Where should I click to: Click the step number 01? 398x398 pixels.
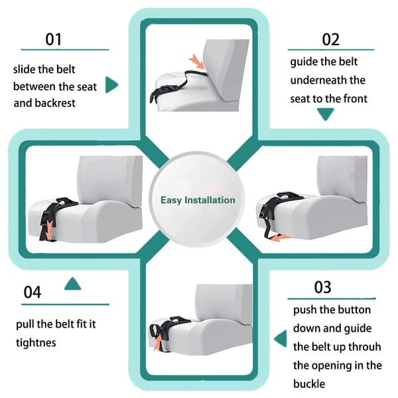click(54, 39)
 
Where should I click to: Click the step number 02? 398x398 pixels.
click(330, 39)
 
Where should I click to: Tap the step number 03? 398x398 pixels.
click(322, 287)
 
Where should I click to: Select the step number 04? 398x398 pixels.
click(33, 292)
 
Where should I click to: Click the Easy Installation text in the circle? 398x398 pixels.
click(198, 200)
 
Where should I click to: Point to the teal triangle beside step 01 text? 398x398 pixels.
click(111, 84)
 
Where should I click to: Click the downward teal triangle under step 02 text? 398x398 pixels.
click(326, 114)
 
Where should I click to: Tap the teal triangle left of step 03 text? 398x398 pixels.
click(281, 338)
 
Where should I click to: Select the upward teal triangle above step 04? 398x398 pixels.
click(72, 283)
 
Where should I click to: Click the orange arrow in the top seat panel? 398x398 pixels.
click(197, 62)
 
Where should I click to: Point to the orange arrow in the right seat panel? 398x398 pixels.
click(279, 238)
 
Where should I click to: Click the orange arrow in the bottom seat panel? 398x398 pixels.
click(159, 342)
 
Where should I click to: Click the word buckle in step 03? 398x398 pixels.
click(309, 384)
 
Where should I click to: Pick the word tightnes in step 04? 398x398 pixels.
click(36, 342)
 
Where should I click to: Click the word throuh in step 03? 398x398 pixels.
click(364, 347)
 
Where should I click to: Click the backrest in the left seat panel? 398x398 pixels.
click(110, 179)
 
